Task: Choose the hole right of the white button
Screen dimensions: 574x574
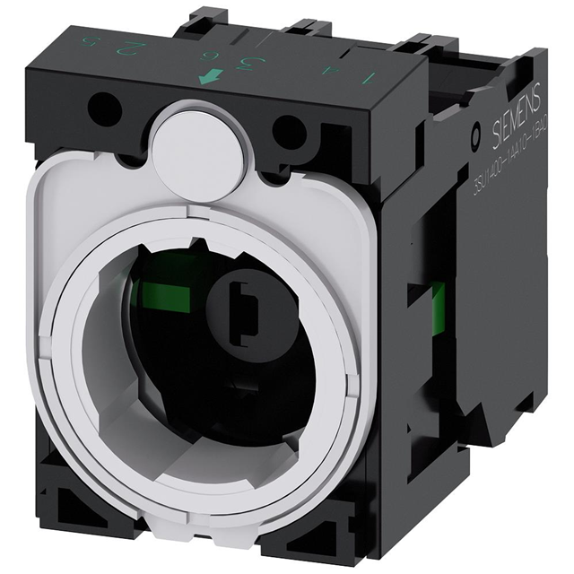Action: click(287, 134)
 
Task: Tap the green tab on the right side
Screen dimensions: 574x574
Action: click(439, 306)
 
